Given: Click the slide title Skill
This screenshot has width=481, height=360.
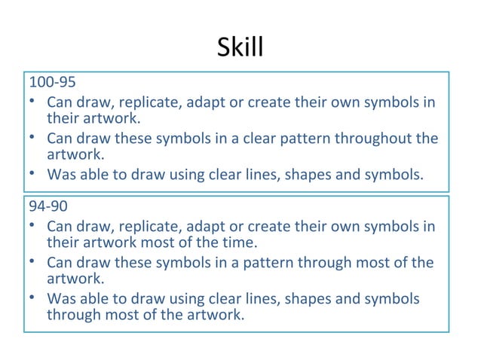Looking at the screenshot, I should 240,47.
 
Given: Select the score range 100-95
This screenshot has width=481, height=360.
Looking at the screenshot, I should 51,81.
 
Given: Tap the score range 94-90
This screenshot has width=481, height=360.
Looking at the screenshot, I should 47,206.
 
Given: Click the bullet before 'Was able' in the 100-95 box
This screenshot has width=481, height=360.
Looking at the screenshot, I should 33,175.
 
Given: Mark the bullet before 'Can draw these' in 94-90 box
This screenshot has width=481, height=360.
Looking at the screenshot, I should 33,262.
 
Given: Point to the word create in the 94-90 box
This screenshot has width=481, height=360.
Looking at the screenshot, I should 268,225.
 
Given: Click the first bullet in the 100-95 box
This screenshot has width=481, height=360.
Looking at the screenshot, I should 33,101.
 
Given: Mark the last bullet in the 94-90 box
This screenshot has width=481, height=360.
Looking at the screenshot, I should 33,298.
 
